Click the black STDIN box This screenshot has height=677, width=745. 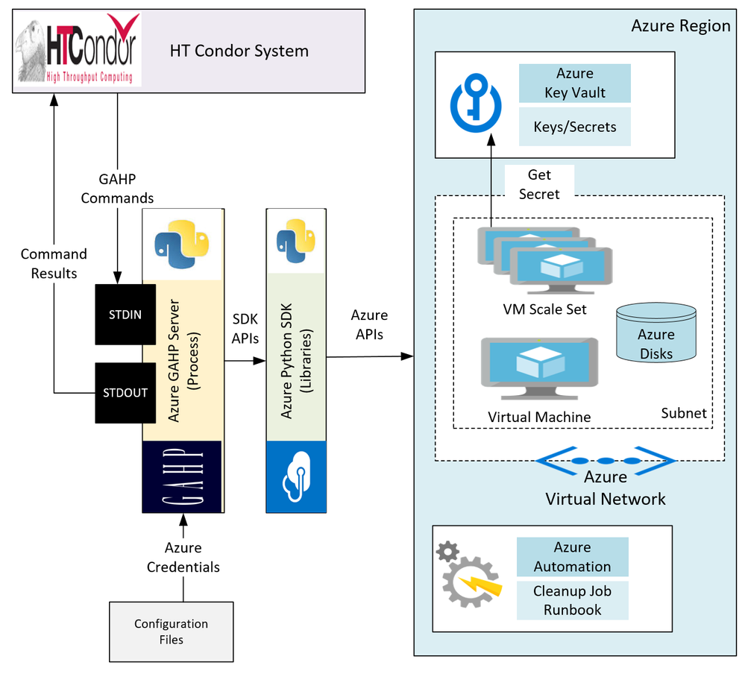tap(125, 315)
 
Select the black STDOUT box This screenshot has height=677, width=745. tap(125, 393)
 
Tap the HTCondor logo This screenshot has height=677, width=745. tap(78, 49)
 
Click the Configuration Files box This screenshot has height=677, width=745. tap(172, 632)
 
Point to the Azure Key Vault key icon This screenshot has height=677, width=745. tap(476, 103)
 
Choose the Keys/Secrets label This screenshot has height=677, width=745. tap(575, 127)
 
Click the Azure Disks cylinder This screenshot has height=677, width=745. tap(656, 333)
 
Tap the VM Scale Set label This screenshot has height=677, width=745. tap(544, 309)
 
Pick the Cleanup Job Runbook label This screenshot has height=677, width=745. tap(573, 600)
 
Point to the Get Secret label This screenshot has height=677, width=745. tap(539, 184)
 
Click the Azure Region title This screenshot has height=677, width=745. tap(681, 25)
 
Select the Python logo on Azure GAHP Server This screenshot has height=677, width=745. tap(182, 245)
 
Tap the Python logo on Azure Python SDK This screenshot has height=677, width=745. tap(296, 241)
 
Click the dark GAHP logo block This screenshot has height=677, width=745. tap(183, 476)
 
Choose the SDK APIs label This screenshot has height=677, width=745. tap(245, 329)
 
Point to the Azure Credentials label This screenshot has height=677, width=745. tap(183, 557)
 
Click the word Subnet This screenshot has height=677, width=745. tap(684, 413)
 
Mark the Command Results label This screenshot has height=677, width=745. tap(54, 264)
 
